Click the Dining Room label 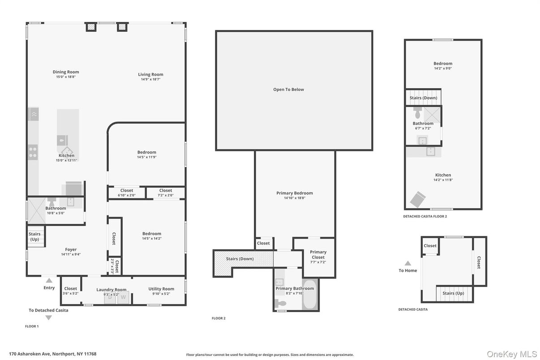(x=66, y=72)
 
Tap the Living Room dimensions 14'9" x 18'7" (x=150, y=79)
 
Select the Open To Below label (x=288, y=90)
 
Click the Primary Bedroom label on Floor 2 (x=294, y=193)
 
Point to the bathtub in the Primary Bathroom (x=309, y=295)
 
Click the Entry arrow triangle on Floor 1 (x=49, y=280)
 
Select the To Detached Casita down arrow (x=48, y=317)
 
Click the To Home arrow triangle (x=407, y=263)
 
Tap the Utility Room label (x=161, y=289)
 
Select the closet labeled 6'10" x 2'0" (x=127, y=193)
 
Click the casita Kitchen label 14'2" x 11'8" (x=443, y=175)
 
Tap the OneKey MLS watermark (x=511, y=354)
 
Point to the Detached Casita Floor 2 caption (x=424, y=216)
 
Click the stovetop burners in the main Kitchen (x=33, y=152)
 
